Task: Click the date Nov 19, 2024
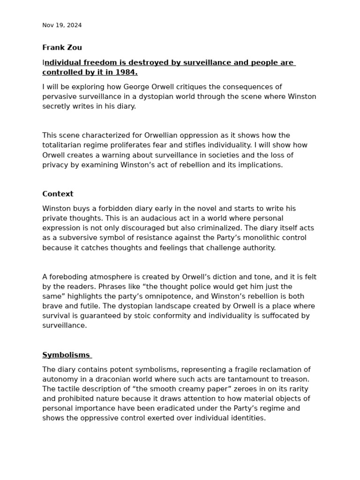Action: (x=62, y=25)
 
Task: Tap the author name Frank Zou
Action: (x=62, y=47)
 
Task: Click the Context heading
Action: (x=58, y=194)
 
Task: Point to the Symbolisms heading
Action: (x=66, y=355)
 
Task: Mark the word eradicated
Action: (x=180, y=408)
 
